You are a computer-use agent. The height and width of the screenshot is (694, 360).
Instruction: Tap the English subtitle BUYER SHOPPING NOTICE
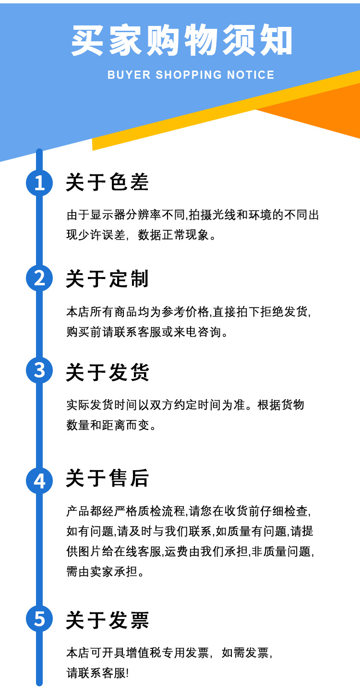tap(191, 75)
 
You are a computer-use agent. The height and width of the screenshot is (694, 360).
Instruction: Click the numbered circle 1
tap(39, 183)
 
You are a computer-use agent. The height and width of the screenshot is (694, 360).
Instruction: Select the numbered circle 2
tap(39, 278)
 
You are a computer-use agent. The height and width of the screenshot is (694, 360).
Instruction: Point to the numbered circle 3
tap(39, 370)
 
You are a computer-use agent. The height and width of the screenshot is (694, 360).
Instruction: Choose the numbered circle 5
tap(39, 619)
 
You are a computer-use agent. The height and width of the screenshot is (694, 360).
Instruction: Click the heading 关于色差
tap(108, 183)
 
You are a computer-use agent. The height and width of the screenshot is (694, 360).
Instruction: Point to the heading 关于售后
tap(108, 478)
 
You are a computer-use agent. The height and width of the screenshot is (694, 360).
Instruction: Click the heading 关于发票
tap(108, 620)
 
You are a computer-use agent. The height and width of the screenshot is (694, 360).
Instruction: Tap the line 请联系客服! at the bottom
tap(98, 673)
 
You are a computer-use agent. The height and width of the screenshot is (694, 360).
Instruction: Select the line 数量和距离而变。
tap(111, 425)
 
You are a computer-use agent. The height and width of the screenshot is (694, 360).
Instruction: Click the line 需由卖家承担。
tap(105, 572)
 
